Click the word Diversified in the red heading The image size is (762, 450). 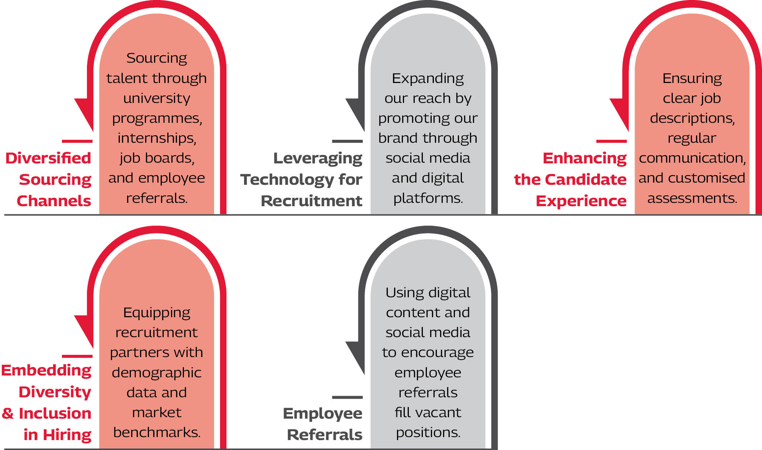48,158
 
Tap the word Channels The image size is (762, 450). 54,201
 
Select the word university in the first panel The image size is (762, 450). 157,98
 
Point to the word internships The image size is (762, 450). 157,138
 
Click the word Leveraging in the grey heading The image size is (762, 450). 317,159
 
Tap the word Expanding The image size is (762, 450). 428,79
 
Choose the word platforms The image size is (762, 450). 428,198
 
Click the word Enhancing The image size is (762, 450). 584,158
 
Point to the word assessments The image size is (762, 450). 692,198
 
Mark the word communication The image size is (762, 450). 692,158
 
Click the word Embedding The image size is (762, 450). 46,370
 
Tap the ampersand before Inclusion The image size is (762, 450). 7,413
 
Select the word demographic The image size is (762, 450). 157,373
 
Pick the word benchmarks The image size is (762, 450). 157,432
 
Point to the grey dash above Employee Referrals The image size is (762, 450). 347,397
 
